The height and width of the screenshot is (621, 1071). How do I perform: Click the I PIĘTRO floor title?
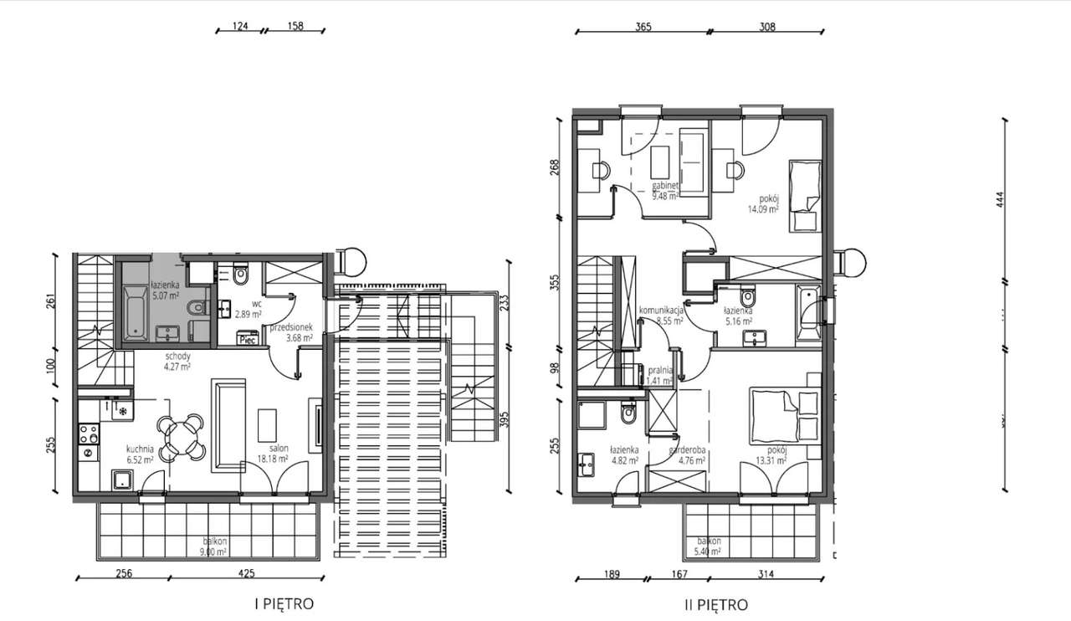tap(284, 603)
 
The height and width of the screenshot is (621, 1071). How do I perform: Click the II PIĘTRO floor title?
tap(715, 604)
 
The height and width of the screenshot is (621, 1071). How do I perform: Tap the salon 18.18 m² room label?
tap(272, 454)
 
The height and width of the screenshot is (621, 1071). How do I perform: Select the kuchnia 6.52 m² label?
tap(139, 454)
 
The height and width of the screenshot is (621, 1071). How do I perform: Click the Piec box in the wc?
tap(248, 339)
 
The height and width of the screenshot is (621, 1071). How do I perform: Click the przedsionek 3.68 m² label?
tap(290, 332)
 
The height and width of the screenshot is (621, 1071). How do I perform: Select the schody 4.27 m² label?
tap(177, 360)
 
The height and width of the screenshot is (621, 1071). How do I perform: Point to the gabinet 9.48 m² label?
tap(666, 192)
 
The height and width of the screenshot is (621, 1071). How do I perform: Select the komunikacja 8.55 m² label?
tap(662, 315)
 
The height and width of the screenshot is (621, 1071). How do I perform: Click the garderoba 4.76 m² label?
tap(687, 454)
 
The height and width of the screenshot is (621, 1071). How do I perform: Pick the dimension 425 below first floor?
tap(246, 574)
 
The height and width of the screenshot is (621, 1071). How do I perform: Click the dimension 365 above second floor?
tap(643, 26)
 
